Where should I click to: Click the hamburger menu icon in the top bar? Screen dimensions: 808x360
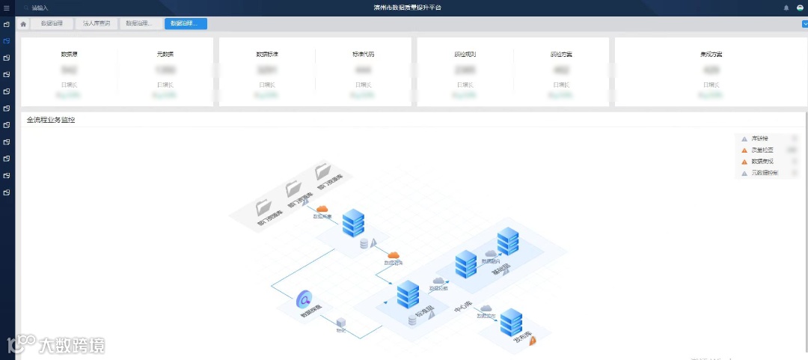click(7, 7)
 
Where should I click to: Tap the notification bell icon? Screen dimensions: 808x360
click(786, 7)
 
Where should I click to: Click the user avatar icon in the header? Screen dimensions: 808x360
click(800, 7)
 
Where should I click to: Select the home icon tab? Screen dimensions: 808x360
click(23, 24)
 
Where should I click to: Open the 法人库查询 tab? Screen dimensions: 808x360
click(97, 24)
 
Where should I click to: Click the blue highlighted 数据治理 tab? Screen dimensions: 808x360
click(186, 24)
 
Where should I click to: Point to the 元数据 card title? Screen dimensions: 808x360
click(165, 55)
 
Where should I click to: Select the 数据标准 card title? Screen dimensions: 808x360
click(267, 55)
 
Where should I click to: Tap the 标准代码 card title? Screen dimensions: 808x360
click(364, 55)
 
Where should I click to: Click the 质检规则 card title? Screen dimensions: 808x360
click(465, 55)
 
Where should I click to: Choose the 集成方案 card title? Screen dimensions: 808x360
click(711, 55)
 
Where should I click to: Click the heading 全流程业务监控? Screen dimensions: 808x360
click(51, 120)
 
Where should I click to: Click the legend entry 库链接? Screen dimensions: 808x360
click(759, 138)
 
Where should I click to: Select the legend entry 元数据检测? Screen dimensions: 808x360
click(765, 173)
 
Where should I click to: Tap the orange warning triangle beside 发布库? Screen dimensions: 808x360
click(532, 341)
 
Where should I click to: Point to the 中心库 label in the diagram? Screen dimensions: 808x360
click(463, 308)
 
